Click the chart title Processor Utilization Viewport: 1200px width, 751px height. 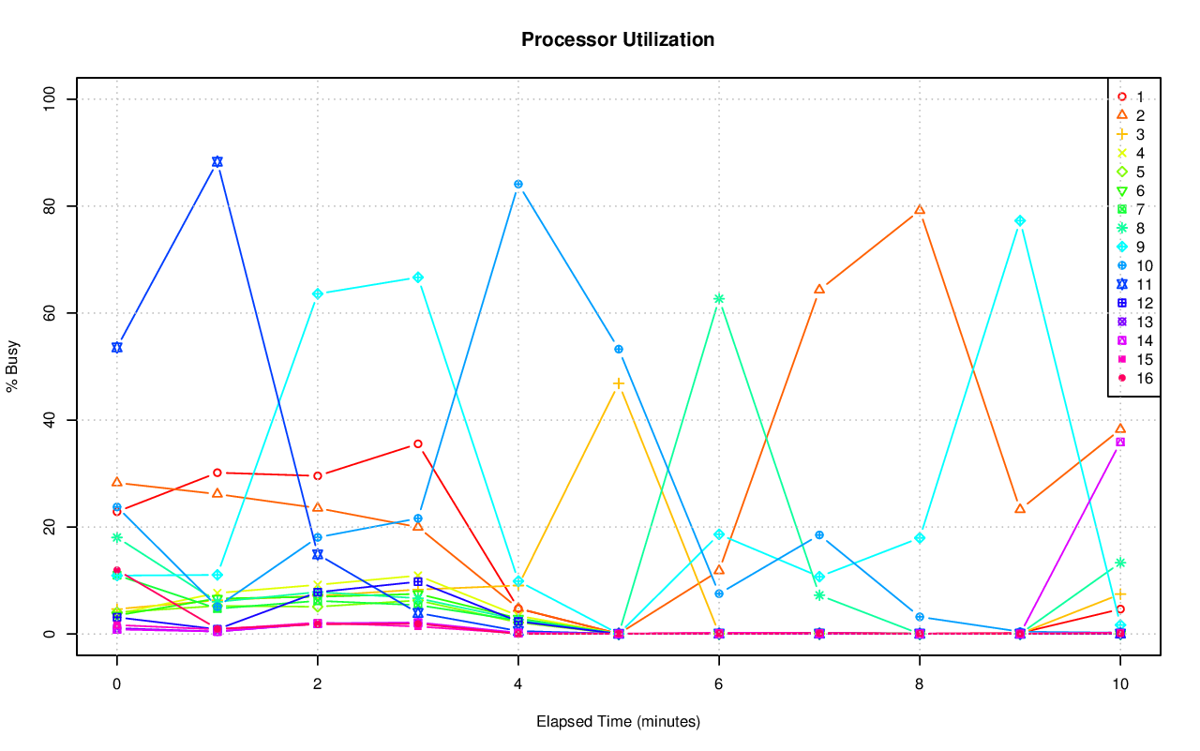pyautogui.click(x=618, y=40)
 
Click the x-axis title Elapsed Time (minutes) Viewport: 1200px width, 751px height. pyautogui.click(x=618, y=722)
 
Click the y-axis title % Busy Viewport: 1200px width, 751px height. pyautogui.click(x=13, y=367)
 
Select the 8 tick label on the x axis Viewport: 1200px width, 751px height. pyautogui.click(x=919, y=685)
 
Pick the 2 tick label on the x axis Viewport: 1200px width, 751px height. pyautogui.click(x=317, y=685)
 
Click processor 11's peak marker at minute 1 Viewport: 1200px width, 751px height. pyautogui.click(x=217, y=161)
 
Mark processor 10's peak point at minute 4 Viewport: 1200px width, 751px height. pyautogui.click(x=517, y=184)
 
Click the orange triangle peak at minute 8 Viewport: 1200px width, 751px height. pyautogui.click(x=920, y=210)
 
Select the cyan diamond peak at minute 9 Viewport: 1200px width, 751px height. pyautogui.click(x=1020, y=221)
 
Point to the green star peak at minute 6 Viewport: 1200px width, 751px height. pyautogui.click(x=719, y=299)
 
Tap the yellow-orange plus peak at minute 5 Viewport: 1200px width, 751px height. pyautogui.click(x=619, y=383)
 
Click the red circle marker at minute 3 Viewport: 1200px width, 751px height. pyautogui.click(x=417, y=443)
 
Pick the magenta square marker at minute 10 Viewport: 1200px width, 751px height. pyautogui.click(x=1119, y=443)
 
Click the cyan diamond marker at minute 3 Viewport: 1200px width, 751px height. pyautogui.click(x=417, y=278)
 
